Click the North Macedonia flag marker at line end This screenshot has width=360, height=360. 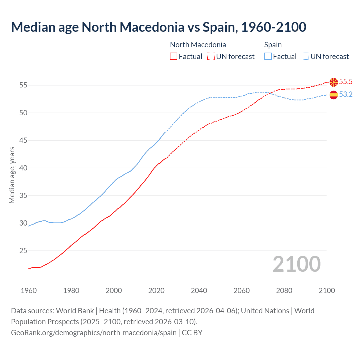tap(334, 82)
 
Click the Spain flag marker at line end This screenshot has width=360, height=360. tap(334, 95)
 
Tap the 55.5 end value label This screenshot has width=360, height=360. tap(346, 82)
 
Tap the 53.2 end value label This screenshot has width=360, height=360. tap(346, 94)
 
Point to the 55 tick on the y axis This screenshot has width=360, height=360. tap(23, 85)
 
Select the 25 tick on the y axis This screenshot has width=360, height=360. tap(23, 251)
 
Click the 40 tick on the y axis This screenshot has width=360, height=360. tap(23, 168)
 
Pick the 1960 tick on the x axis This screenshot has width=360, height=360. tap(29, 291)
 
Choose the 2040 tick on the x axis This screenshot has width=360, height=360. tap(199, 291)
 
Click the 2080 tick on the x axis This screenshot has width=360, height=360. tap(284, 291)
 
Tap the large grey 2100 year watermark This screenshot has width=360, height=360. tap(296, 264)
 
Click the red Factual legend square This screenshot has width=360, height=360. tap(174, 57)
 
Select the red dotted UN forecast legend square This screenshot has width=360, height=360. tap(211, 57)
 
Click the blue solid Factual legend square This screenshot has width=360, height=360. tap(268, 57)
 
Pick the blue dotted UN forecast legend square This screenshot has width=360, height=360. tap(305, 57)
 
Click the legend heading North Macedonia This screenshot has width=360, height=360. tap(198, 45)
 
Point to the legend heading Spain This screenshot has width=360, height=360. tap(273, 45)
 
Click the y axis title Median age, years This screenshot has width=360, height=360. tap(12, 175)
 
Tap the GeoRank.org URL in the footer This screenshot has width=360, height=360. tap(94, 333)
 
